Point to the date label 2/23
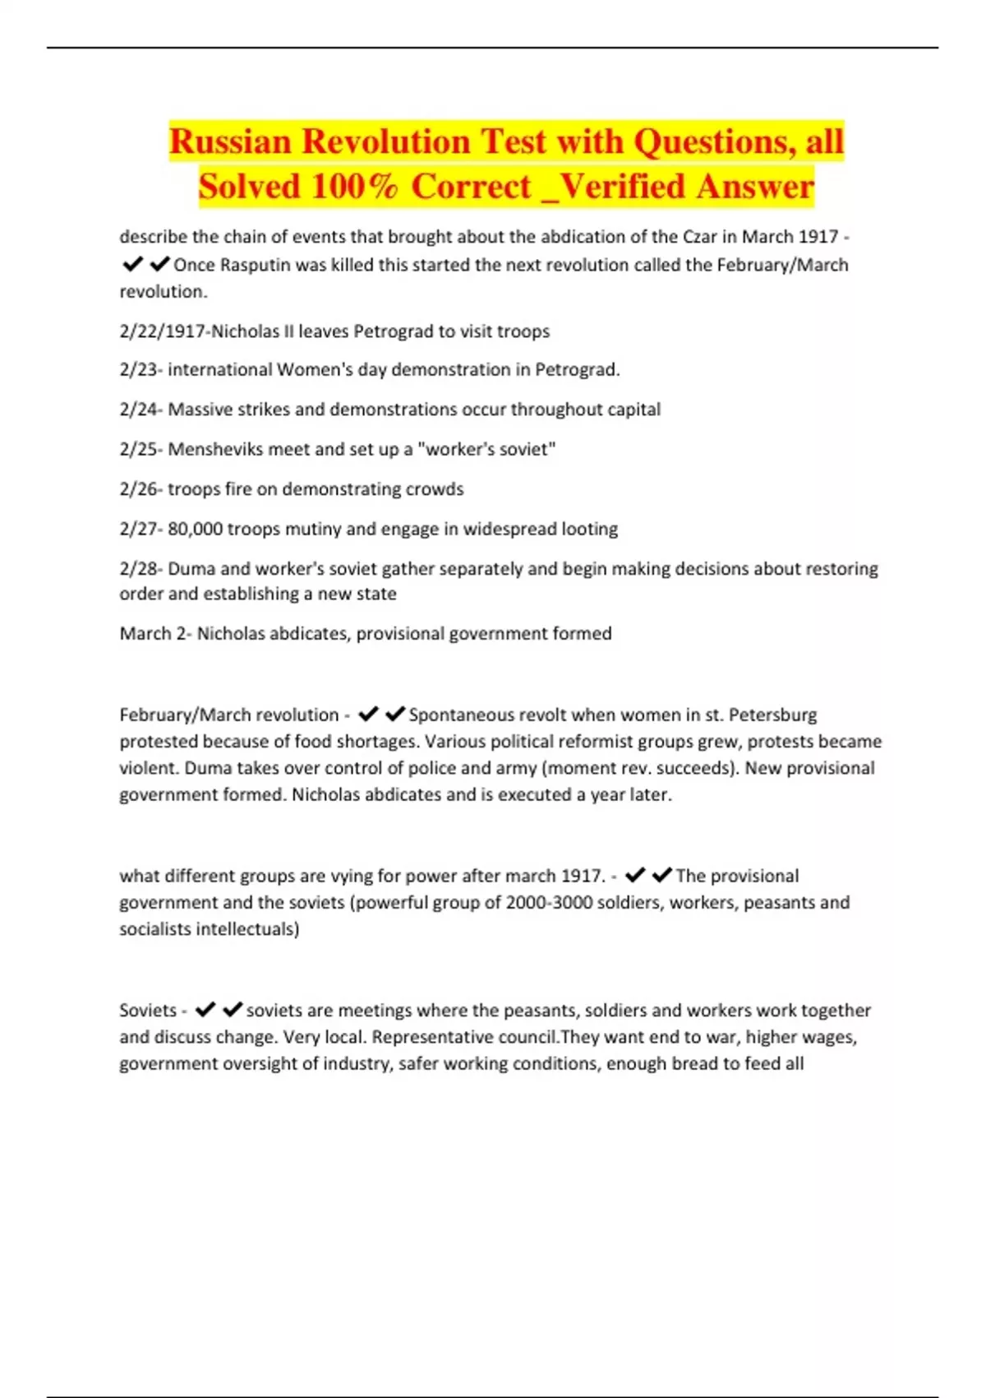point(139,370)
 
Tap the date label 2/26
point(139,489)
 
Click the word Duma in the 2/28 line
point(190,569)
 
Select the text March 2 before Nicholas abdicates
point(153,634)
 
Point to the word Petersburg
point(772,715)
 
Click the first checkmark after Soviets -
point(205,1010)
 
